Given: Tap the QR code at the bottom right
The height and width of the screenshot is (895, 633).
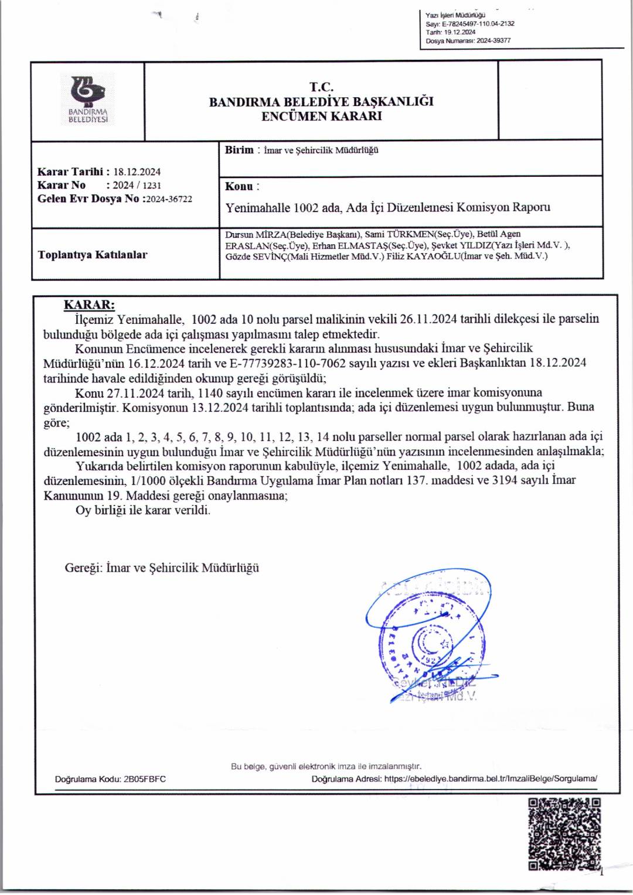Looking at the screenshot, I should pos(564,833).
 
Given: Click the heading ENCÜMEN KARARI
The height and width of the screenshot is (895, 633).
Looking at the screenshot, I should pos(321,116).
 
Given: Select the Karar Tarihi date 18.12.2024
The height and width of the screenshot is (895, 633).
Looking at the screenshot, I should pos(137,172).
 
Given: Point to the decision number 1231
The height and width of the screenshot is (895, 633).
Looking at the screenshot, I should pos(151,185).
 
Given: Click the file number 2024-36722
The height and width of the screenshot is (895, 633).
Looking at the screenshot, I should pos(169,199).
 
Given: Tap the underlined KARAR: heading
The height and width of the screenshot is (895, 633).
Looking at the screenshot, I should pos(89,305).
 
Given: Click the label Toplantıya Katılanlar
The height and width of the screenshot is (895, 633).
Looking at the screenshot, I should pos(93,255).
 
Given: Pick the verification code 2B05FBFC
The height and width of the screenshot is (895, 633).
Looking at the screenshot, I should pos(144,779).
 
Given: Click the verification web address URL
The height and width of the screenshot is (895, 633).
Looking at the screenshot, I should pos(491,779).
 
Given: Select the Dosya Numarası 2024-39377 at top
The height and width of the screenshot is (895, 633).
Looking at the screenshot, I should pos(493,40).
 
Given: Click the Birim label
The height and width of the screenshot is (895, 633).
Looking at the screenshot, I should pos(239,150).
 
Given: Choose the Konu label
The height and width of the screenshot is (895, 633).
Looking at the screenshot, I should pos(239,186).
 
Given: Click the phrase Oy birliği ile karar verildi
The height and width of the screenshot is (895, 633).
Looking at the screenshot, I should pos(142,510).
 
